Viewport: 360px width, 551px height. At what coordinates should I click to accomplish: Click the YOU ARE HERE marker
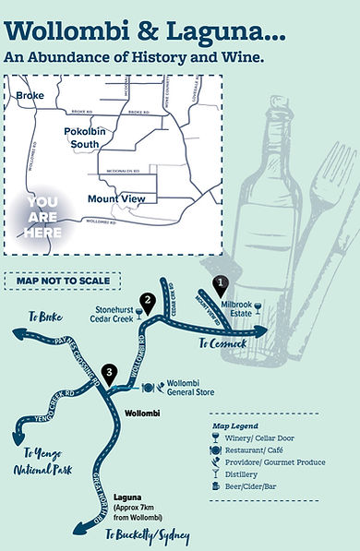coord(43,218)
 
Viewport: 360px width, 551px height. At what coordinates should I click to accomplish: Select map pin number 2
coord(146,301)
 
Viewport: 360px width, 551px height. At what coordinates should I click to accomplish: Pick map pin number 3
coord(110,374)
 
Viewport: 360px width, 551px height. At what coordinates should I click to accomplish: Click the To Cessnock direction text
coord(222,342)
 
